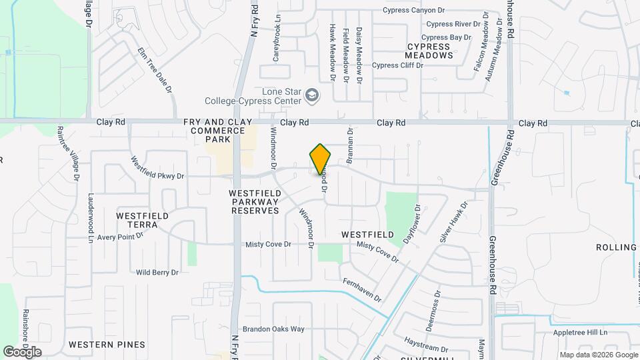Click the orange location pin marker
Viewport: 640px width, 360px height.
pos(320,159)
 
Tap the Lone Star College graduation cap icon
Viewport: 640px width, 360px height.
pos(311,97)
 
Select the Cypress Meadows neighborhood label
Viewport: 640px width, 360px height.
pos(430,51)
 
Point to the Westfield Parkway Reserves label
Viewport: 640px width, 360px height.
pos(245,201)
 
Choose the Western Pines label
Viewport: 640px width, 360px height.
pos(107,345)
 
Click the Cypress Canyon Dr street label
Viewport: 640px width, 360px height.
pos(423,10)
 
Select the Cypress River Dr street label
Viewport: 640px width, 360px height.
pos(453,24)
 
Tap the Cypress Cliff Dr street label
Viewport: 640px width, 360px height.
pos(397,65)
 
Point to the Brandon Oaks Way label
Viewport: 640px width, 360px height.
pos(273,329)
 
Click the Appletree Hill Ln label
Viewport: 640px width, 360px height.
pos(581,332)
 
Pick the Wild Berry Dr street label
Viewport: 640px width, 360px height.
pos(157,272)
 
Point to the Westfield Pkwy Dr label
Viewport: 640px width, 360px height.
pos(157,169)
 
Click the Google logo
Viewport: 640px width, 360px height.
pos(22,352)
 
